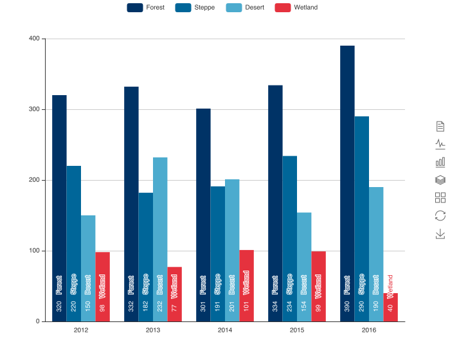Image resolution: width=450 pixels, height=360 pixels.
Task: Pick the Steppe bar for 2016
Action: point(362,219)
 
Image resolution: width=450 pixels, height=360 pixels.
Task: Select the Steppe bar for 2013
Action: point(146,256)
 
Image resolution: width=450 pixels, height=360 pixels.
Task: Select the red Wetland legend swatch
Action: point(282,8)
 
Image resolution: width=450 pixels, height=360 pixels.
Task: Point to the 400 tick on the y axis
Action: point(33,39)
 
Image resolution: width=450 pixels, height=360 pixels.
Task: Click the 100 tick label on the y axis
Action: point(33,251)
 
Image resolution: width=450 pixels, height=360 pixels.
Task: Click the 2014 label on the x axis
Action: point(225,330)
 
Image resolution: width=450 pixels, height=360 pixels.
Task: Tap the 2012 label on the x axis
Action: point(81,330)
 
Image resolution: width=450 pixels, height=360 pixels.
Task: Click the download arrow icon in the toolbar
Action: point(440,233)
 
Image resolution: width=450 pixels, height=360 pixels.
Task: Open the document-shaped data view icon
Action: point(440,125)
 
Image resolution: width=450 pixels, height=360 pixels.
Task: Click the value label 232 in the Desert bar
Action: point(160,307)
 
